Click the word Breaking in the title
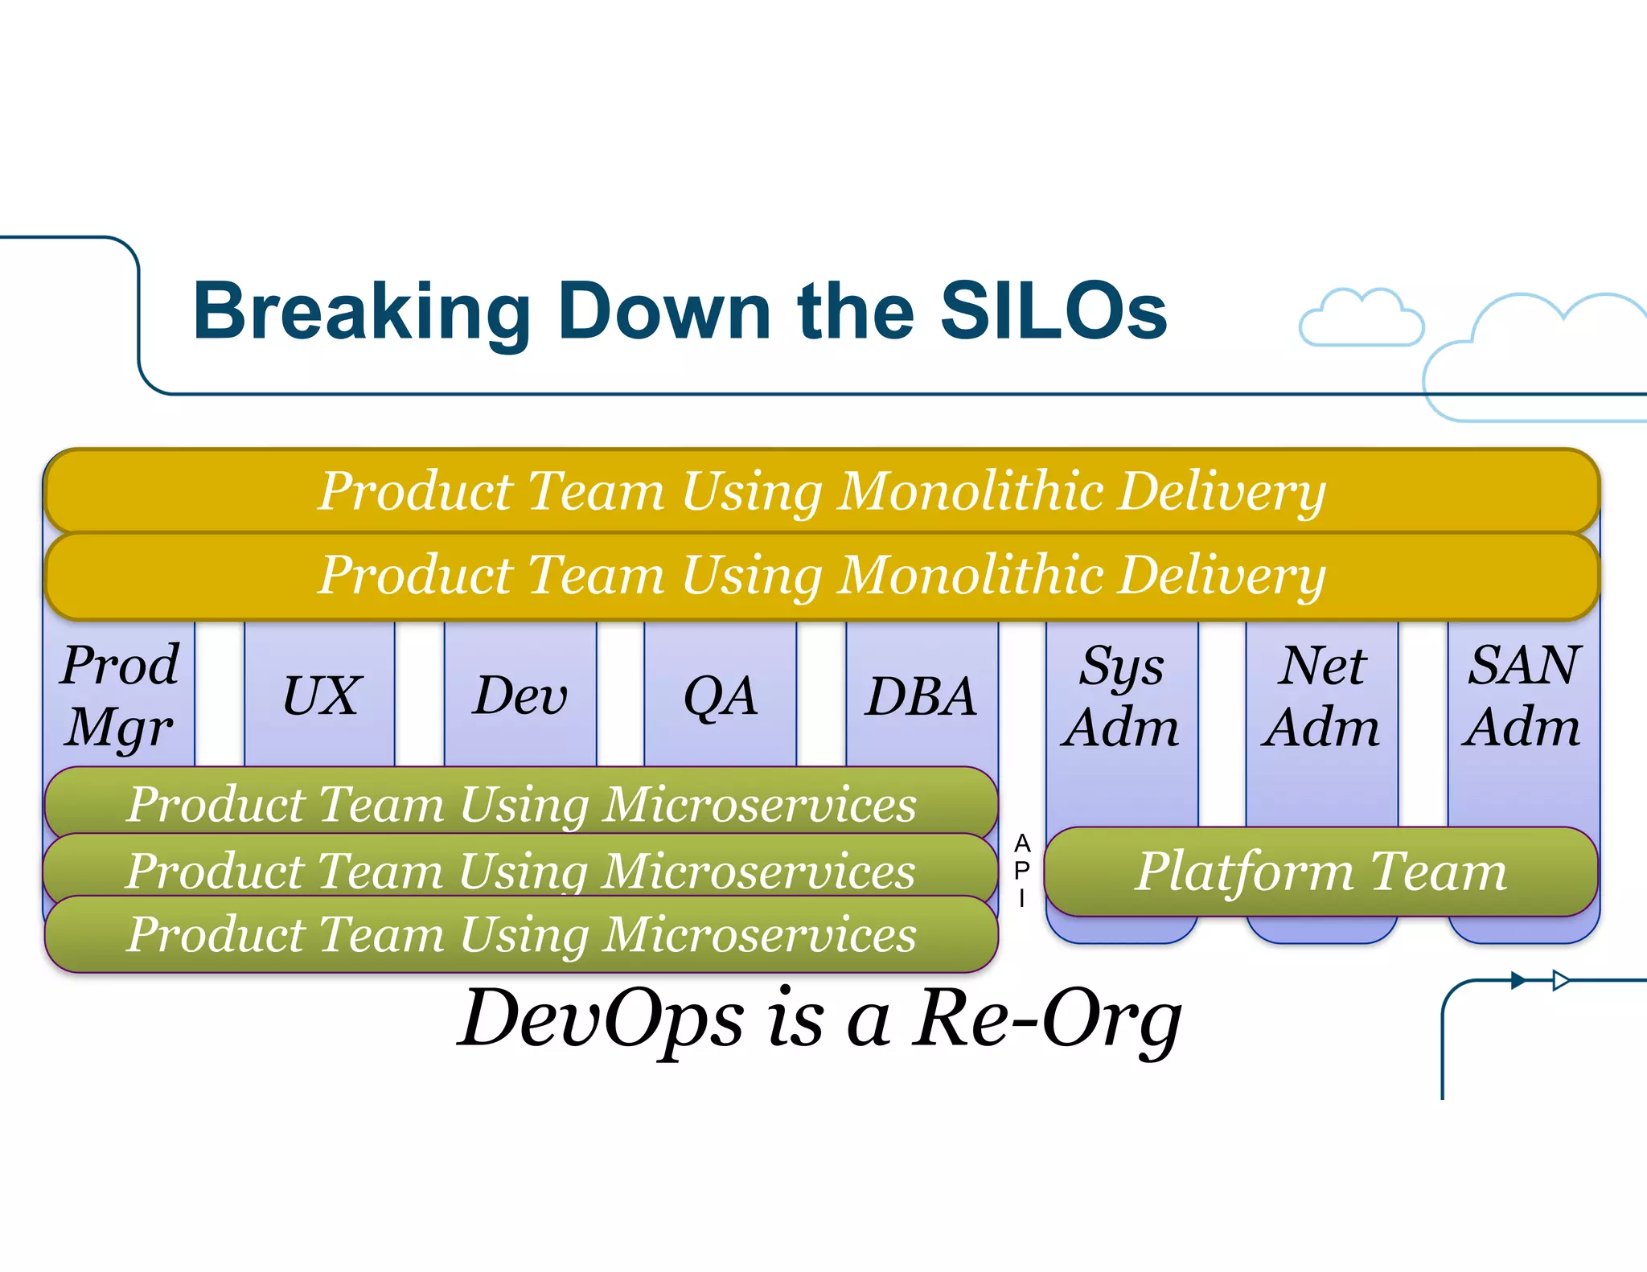pyautogui.click(x=361, y=314)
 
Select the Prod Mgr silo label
pyautogui.click(x=120, y=696)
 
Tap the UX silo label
pyautogui.click(x=321, y=696)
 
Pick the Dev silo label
pyautogui.click(x=520, y=696)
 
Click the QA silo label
pyautogui.click(x=721, y=696)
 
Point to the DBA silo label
pyautogui.click(x=921, y=696)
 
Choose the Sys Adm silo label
pyautogui.click(x=1121, y=696)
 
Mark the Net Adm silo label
pyautogui.click(x=1321, y=696)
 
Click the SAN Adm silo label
pyautogui.click(x=1522, y=696)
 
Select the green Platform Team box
pyautogui.click(x=1320, y=872)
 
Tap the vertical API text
pyautogui.click(x=1021, y=871)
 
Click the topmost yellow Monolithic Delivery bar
pyautogui.click(x=820, y=490)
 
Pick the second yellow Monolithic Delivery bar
pyautogui.click(x=820, y=576)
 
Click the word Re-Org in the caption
pyautogui.click(x=1045, y=1020)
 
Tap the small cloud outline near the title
pyautogui.click(x=1361, y=319)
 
